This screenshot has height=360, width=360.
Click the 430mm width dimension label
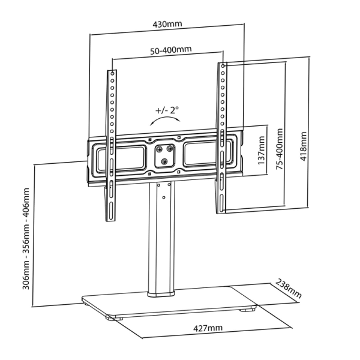click(x=167, y=25)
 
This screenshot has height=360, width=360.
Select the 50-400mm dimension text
click(x=167, y=50)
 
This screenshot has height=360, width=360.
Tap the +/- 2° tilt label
click(x=167, y=111)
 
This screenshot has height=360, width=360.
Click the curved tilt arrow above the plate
click(x=164, y=120)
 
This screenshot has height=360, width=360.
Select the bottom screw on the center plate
click(x=164, y=160)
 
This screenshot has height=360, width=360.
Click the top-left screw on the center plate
click(x=157, y=148)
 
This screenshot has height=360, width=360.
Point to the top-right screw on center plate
click(x=171, y=148)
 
